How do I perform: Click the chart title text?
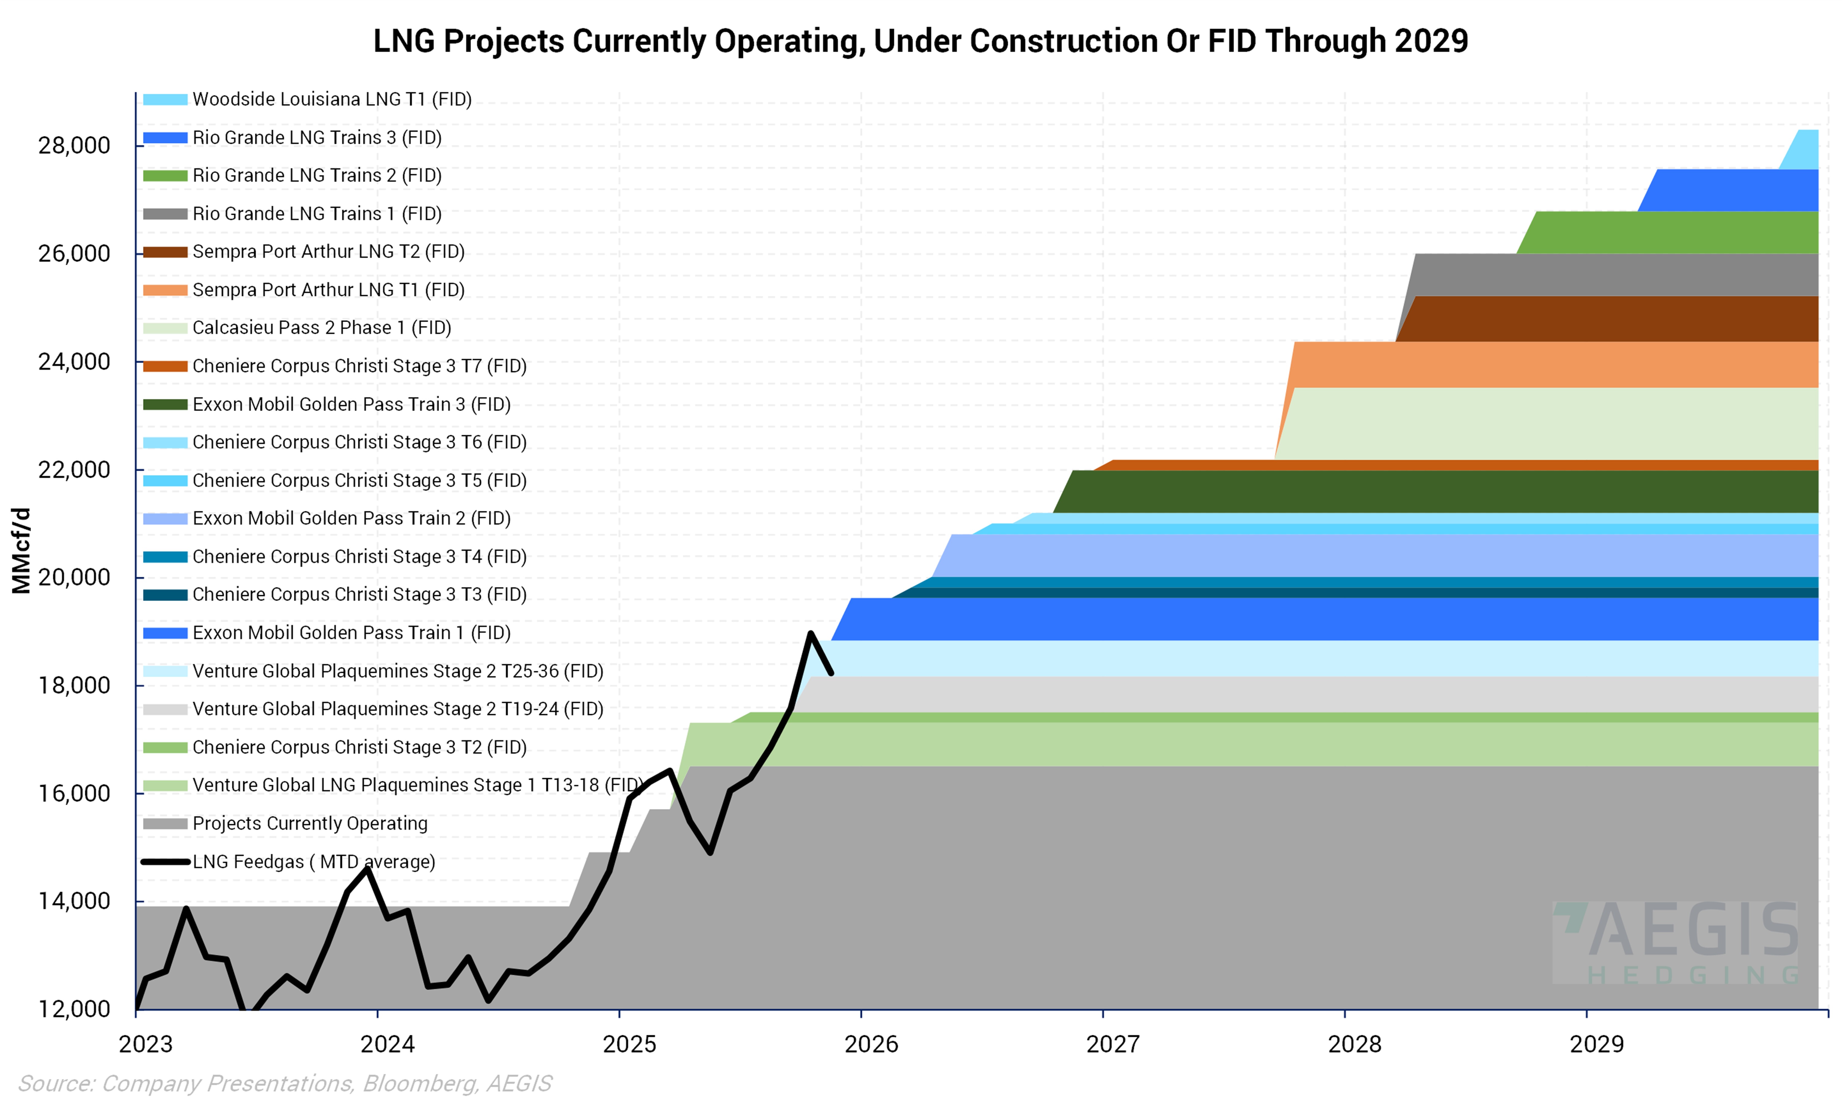[x=920, y=41]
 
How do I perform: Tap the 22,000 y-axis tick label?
[x=74, y=470]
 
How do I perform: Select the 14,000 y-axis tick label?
[x=74, y=901]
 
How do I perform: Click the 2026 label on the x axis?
[x=871, y=1044]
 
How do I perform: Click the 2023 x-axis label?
[x=146, y=1044]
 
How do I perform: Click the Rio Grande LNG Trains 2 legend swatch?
[x=165, y=176]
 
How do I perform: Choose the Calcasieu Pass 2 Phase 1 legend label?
[x=321, y=328]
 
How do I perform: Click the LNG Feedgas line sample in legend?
[x=165, y=862]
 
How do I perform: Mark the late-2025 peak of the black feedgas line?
[x=810, y=634]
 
